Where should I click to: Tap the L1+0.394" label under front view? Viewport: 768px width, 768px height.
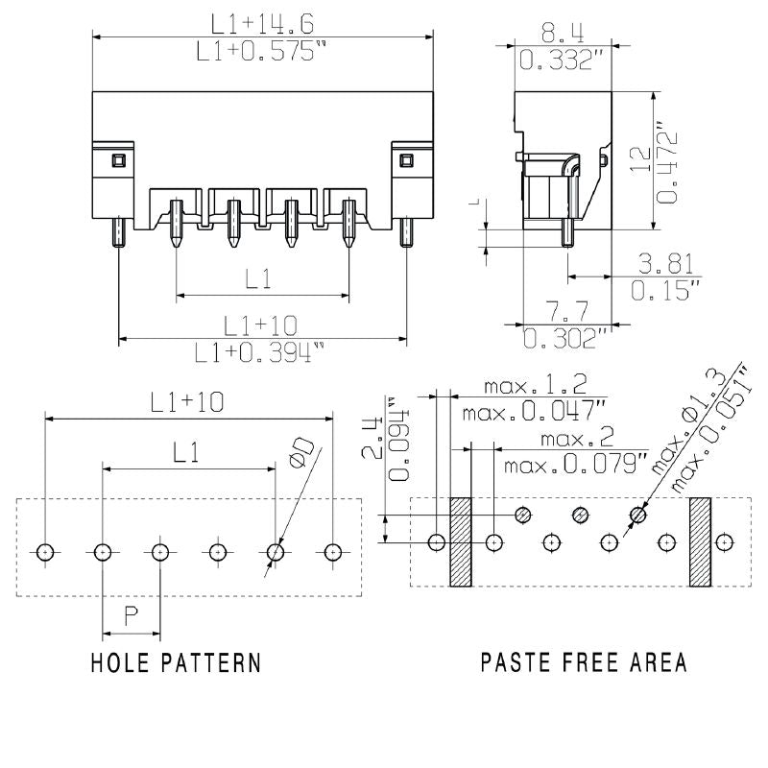click(x=260, y=354)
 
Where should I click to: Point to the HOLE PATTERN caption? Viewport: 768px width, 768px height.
click(x=175, y=662)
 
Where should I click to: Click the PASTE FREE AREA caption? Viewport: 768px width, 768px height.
click(x=583, y=662)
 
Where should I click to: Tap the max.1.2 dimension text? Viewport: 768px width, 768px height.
click(x=535, y=385)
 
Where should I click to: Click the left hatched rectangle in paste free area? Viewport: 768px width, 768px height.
click(x=462, y=542)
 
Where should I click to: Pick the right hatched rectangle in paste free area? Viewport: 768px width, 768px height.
click(x=699, y=542)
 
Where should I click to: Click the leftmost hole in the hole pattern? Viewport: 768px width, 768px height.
click(x=45, y=552)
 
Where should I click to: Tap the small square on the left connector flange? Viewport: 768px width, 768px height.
click(x=120, y=159)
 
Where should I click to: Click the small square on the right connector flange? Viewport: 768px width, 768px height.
click(x=404, y=159)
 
